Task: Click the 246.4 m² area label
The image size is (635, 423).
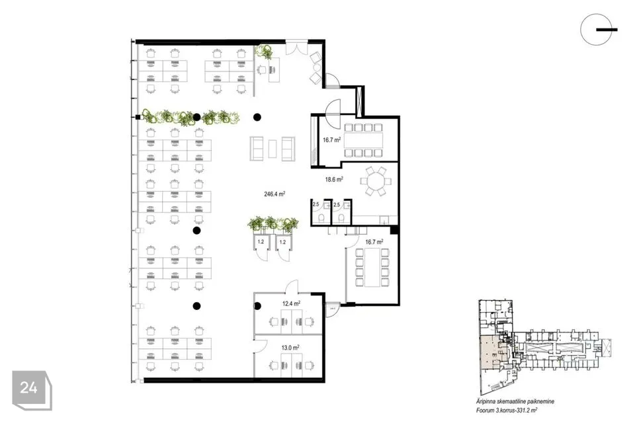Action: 274,194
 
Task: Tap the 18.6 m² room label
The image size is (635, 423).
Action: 333,179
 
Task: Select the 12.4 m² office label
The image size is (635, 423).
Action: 291,303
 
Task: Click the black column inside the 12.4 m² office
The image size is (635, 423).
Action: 259,305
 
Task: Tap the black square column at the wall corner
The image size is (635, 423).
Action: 394,229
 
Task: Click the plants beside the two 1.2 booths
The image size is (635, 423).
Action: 273,224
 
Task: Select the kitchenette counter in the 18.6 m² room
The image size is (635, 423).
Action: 376,220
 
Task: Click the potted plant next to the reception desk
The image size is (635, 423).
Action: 265,51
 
